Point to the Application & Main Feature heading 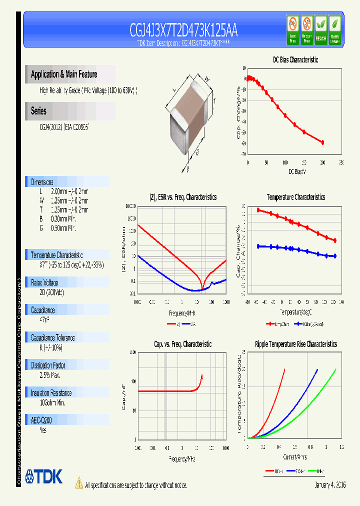(64, 74)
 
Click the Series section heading (38, 111)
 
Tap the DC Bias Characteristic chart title (295, 59)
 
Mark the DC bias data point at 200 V (322, 142)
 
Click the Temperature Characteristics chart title (295, 197)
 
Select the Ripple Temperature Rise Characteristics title (295, 344)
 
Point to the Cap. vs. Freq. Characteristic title (182, 344)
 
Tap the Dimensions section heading (42, 182)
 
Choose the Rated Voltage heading (44, 282)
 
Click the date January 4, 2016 (330, 485)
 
